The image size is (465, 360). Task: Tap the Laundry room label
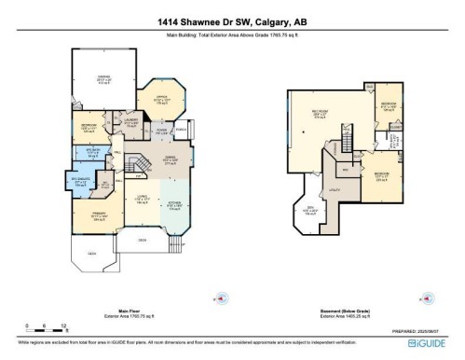pyautogui.click(x=130, y=121)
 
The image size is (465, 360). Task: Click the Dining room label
pyautogui.click(x=171, y=160)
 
